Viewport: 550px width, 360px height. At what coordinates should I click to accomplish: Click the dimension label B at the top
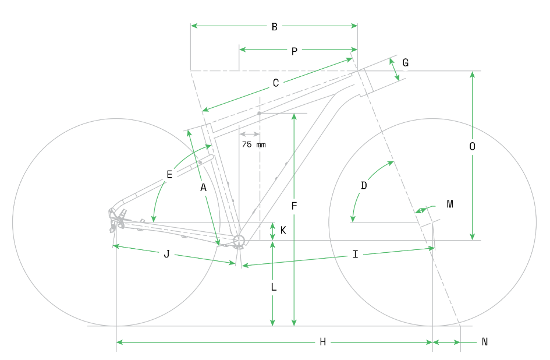coord(274,26)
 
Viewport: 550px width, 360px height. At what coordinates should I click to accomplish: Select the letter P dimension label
coord(294,51)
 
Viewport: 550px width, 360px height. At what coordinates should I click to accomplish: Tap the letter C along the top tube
coord(276,83)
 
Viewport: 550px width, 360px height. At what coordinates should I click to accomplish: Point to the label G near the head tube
coord(405,63)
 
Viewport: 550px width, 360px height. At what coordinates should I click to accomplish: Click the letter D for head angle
coord(364,186)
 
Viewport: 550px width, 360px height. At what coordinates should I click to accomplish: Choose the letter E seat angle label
coord(169,174)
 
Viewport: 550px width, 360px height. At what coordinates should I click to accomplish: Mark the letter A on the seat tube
coord(203,188)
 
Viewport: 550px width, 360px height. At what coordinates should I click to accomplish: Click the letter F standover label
coord(294,206)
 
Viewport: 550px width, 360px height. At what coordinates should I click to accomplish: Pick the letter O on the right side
coord(472,147)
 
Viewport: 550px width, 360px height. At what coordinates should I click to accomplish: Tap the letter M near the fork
coord(449,204)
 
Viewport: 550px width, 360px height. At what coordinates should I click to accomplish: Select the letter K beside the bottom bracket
coord(283,231)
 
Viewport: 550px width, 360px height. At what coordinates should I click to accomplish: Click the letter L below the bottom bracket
coord(273,287)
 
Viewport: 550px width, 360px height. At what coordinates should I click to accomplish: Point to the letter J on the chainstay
coord(166,254)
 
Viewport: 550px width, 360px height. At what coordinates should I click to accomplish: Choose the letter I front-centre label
coord(355,255)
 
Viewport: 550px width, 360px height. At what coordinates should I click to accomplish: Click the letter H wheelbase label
coord(322,342)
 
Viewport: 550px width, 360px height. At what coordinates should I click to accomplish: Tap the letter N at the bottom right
coord(484,342)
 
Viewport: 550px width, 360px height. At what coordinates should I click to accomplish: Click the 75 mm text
coord(254,144)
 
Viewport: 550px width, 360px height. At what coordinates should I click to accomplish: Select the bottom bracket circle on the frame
coord(238,241)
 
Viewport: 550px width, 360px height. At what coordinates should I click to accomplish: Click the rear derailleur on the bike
coord(116,220)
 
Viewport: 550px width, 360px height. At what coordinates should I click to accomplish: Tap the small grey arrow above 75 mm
coord(249,135)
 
